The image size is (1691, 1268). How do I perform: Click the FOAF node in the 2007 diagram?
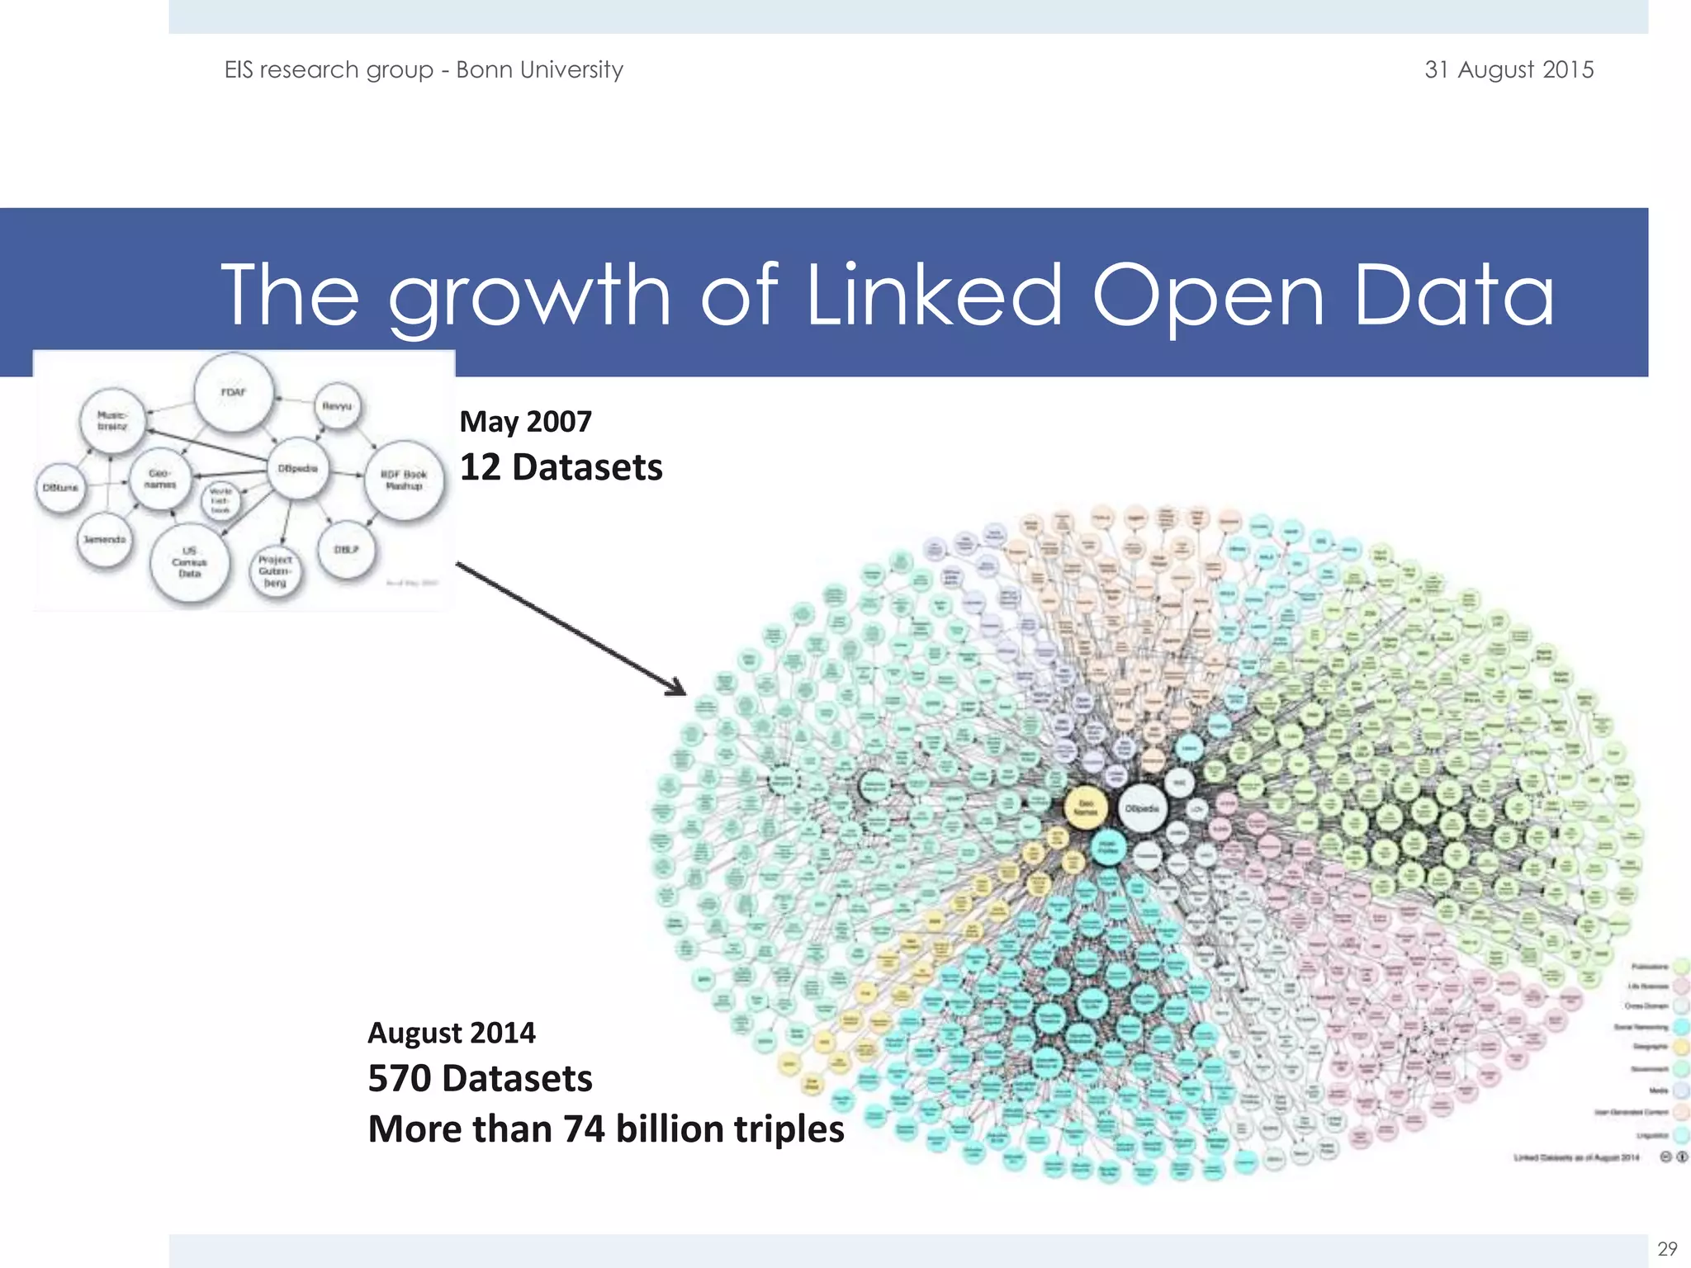tap(234, 392)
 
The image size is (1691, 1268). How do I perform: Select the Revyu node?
tap(337, 406)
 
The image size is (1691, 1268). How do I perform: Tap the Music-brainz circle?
tap(112, 421)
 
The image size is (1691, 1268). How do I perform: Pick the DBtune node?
tap(60, 488)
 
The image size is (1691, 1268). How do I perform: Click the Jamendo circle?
tap(104, 540)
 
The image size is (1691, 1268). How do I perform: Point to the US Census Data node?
tap(189, 562)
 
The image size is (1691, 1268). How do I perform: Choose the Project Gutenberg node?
tap(275, 571)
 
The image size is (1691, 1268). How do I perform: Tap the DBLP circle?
tap(347, 550)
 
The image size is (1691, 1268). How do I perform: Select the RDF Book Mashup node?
tap(404, 480)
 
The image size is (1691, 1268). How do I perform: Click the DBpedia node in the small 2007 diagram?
tap(297, 469)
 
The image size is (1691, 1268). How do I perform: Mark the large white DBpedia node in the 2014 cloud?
tap(1142, 809)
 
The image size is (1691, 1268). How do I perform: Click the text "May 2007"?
tap(525, 422)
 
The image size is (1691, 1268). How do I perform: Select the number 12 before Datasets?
tap(480, 467)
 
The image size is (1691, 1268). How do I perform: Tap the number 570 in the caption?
tap(399, 1078)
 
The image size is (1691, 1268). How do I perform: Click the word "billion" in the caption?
tap(669, 1128)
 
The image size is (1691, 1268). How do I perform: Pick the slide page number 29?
tap(1667, 1248)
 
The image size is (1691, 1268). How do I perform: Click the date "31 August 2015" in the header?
tap(1509, 69)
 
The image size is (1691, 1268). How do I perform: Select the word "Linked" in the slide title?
tap(933, 295)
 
